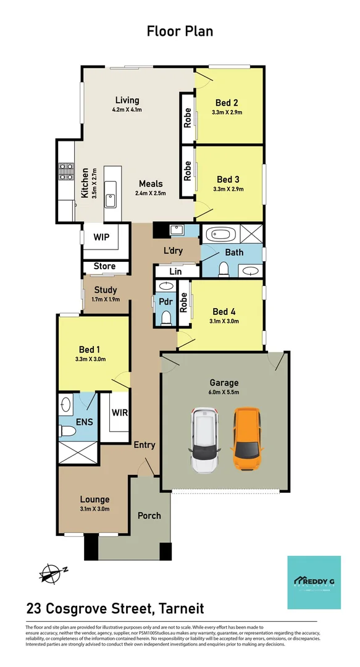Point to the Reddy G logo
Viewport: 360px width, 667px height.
coord(314,582)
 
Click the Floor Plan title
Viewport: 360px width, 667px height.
coord(180,31)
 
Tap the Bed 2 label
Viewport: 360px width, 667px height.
coord(227,103)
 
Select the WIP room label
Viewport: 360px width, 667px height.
coord(101,237)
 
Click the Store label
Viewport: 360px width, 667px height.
coord(104,267)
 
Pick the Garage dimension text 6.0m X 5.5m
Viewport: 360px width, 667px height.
coord(224,393)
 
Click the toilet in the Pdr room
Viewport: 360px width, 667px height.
coord(165,317)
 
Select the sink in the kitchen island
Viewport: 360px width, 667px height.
coord(110,199)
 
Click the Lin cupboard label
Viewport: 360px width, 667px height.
coord(175,271)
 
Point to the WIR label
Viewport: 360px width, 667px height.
coord(120,413)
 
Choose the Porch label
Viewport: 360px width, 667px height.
coord(149,516)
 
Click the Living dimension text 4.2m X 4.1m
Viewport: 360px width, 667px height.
coord(127,110)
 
